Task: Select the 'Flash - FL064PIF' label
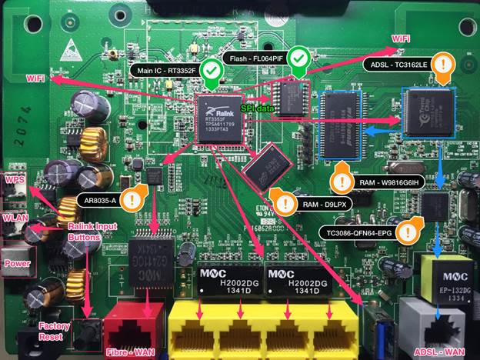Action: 257,58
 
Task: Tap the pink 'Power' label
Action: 17,263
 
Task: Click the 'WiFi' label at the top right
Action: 401,37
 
